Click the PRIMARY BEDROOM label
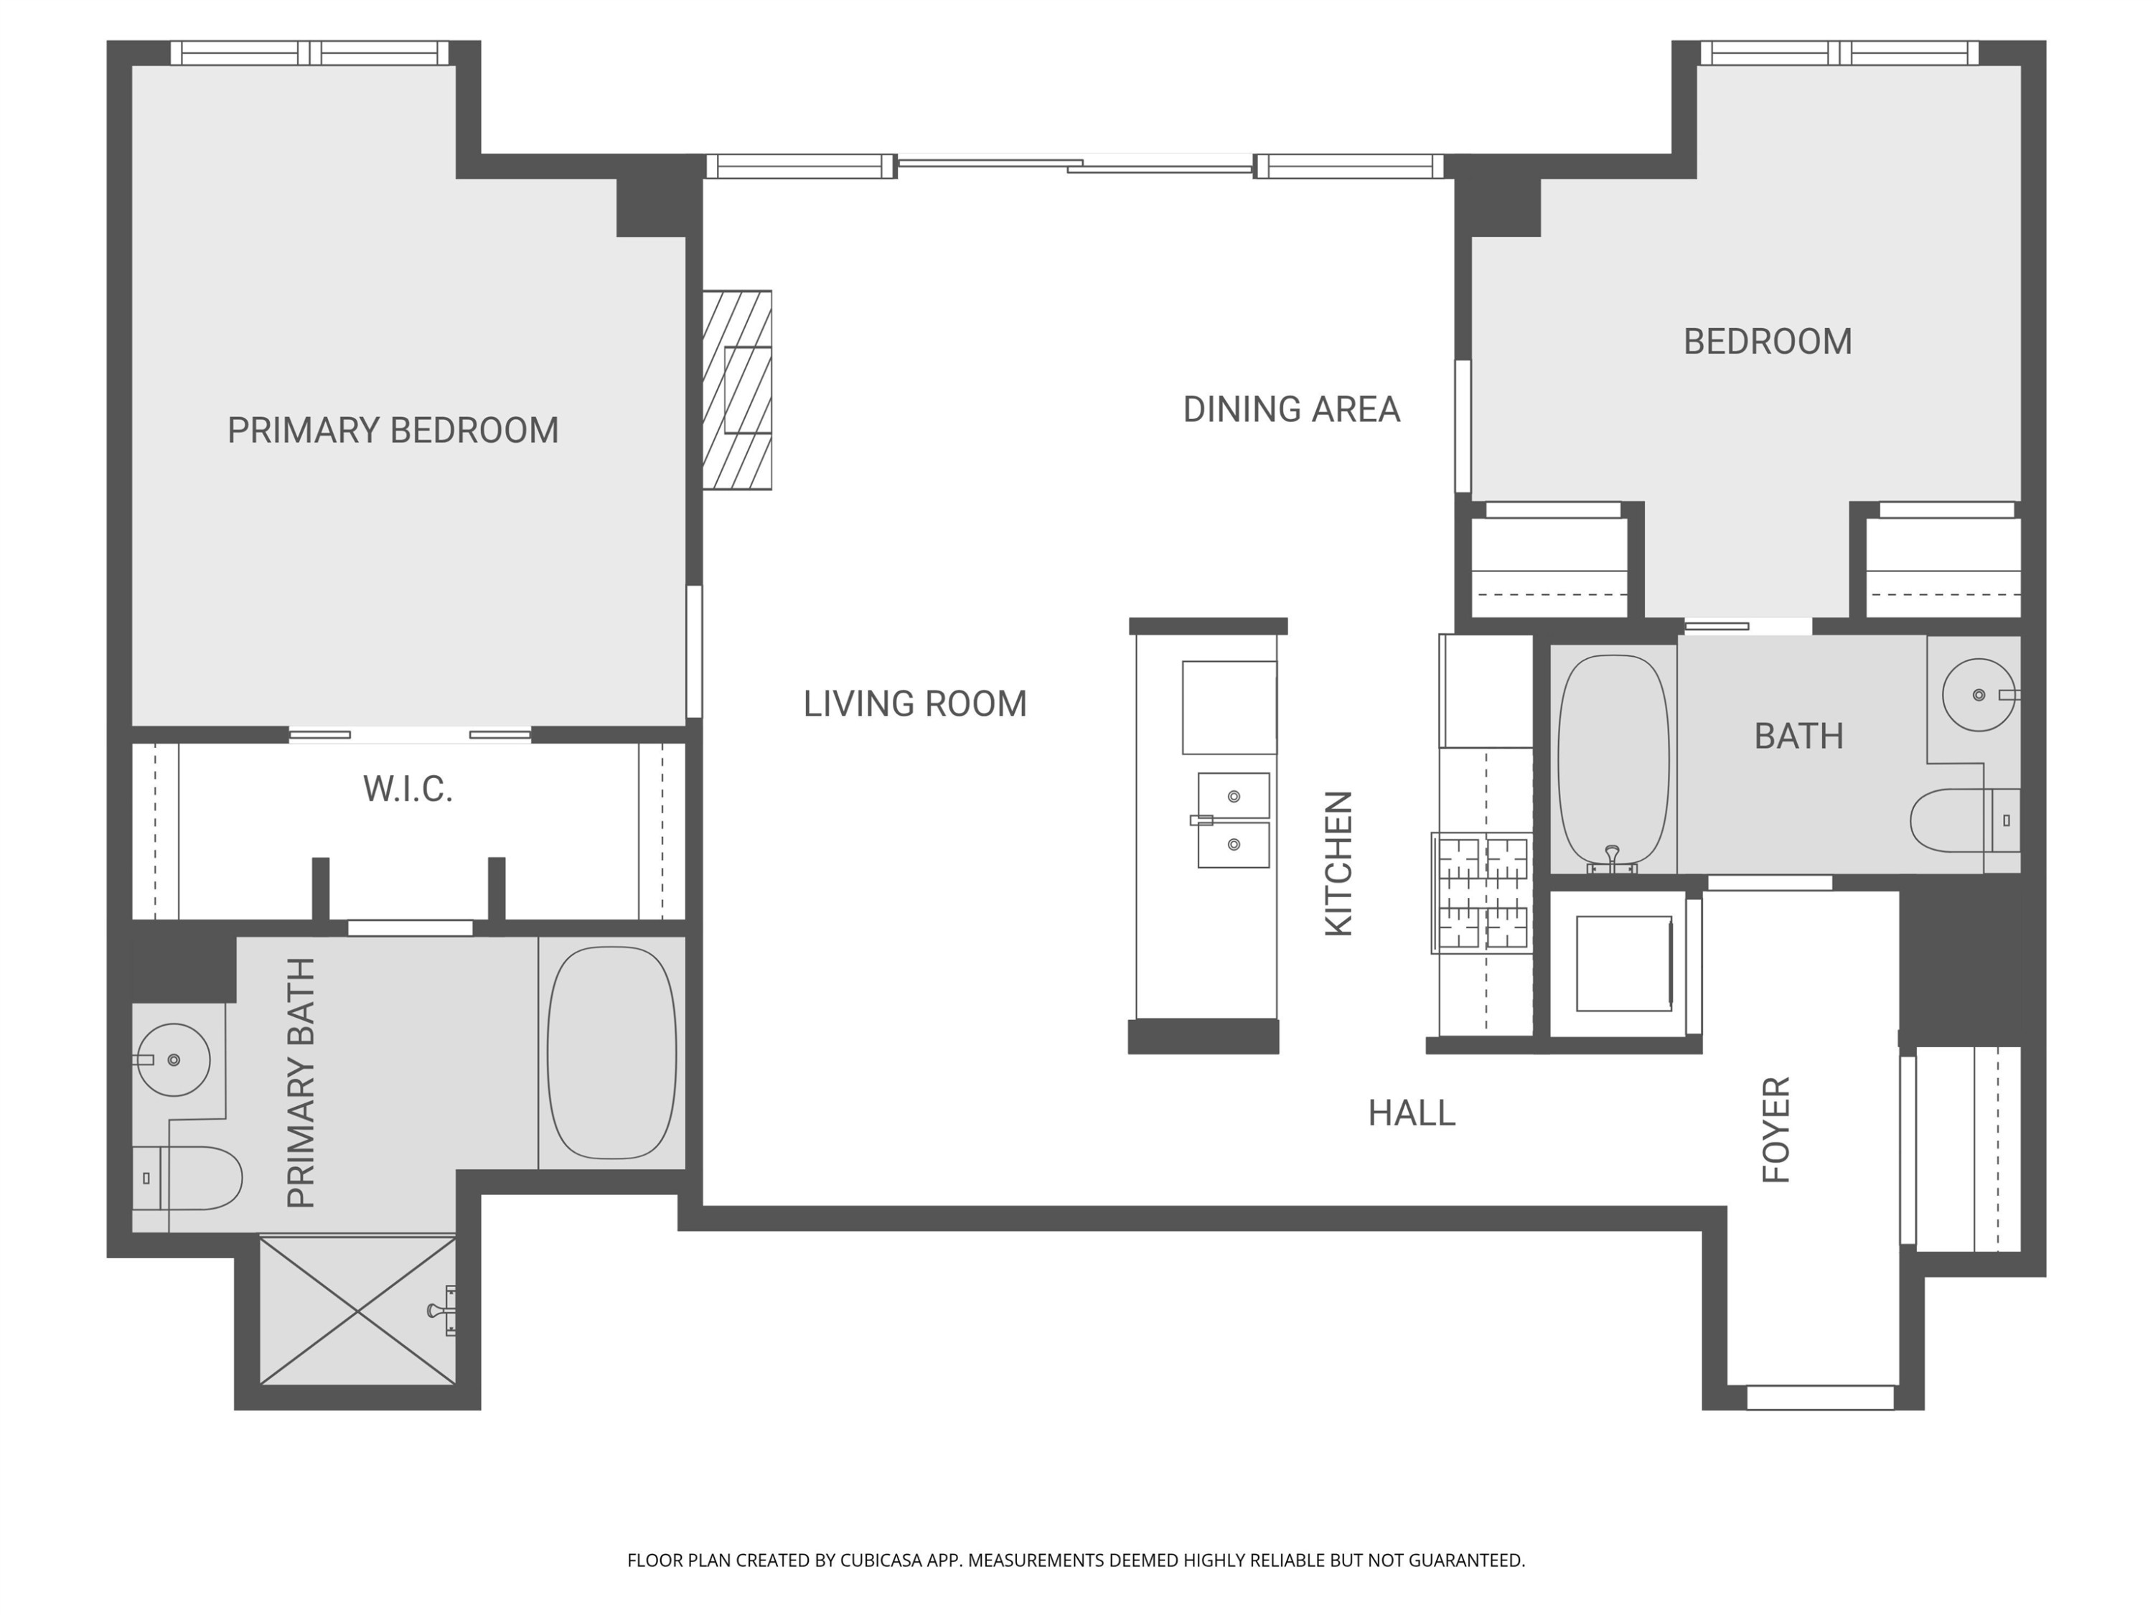[x=393, y=430]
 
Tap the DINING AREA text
[x=1292, y=409]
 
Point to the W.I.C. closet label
[x=408, y=789]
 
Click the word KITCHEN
[x=1339, y=863]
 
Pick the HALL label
[x=1412, y=1113]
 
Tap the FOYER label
[x=1777, y=1129]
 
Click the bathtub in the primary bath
[x=612, y=1052]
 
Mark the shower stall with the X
[x=357, y=1310]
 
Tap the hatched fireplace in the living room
[x=737, y=389]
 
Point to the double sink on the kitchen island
[x=1233, y=820]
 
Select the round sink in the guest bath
[x=1979, y=695]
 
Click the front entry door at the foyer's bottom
[x=1820, y=1398]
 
